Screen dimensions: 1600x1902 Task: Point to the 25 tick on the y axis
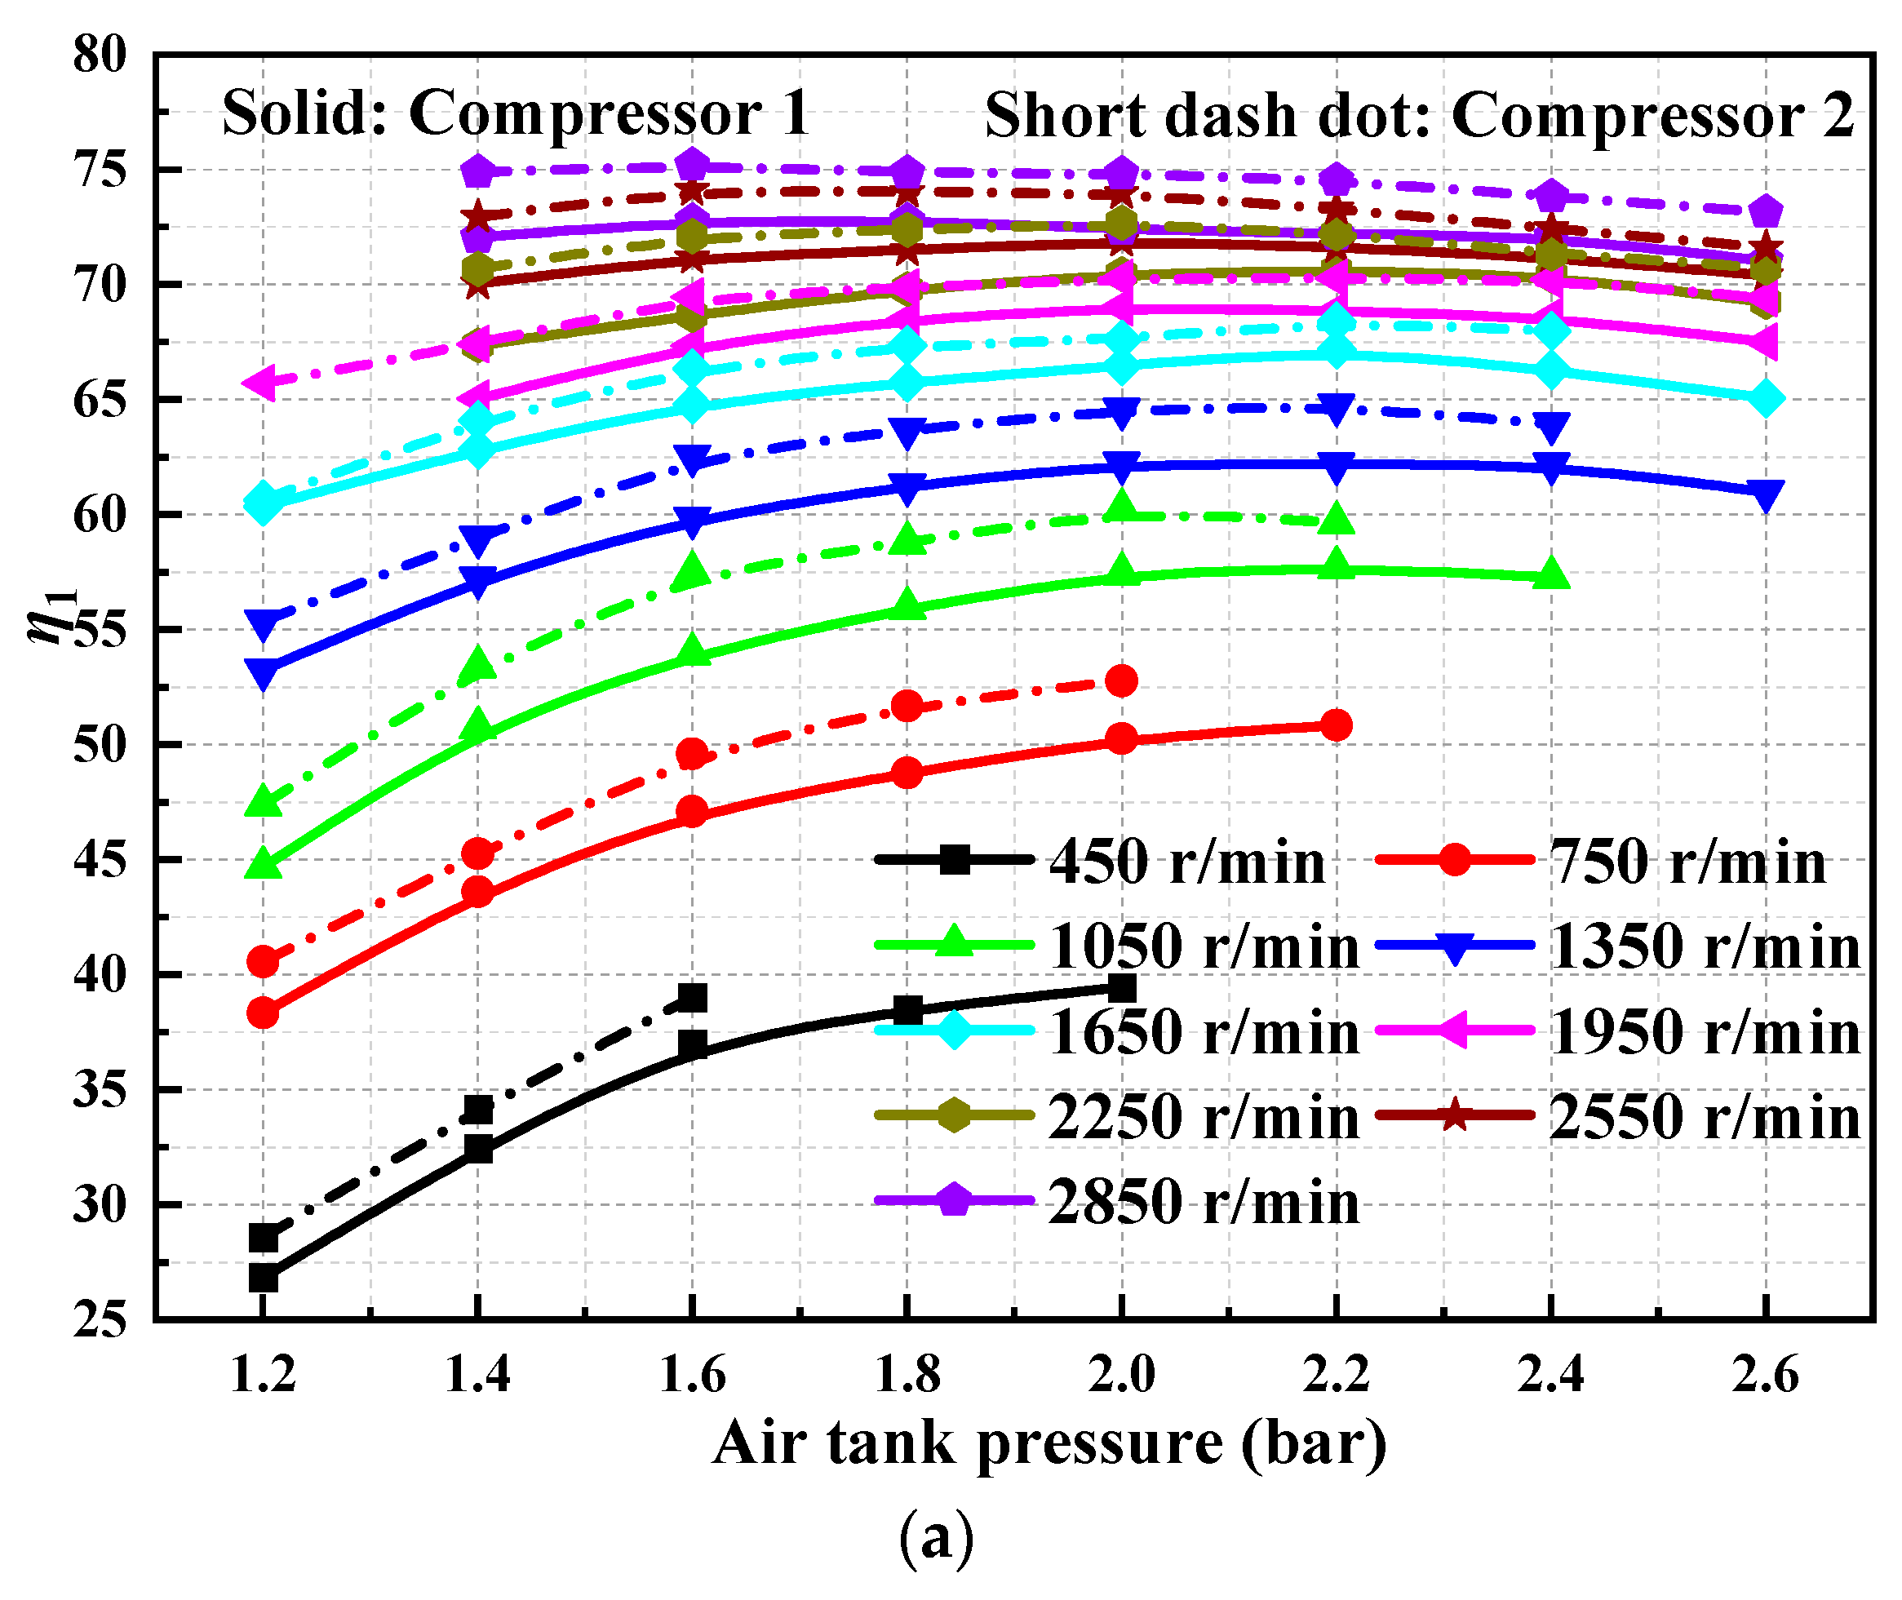(x=100, y=1319)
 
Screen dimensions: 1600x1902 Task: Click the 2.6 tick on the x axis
(x=1764, y=1375)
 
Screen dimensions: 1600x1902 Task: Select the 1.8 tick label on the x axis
(x=907, y=1375)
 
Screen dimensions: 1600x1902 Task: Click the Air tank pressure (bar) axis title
(x=1049, y=1443)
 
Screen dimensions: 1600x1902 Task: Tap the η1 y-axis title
(x=52, y=617)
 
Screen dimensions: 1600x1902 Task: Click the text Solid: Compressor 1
(x=515, y=114)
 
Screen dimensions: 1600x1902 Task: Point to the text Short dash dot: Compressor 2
(x=1419, y=116)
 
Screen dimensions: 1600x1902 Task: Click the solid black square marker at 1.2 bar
(x=263, y=1278)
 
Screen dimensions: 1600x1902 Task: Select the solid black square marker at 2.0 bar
(x=1122, y=988)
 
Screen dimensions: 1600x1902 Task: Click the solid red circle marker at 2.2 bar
(x=1336, y=725)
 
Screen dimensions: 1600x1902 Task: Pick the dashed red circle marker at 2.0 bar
(x=1122, y=681)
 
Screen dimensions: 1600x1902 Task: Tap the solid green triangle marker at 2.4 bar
(x=1551, y=575)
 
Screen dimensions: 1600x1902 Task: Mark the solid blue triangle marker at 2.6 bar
(x=1765, y=494)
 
